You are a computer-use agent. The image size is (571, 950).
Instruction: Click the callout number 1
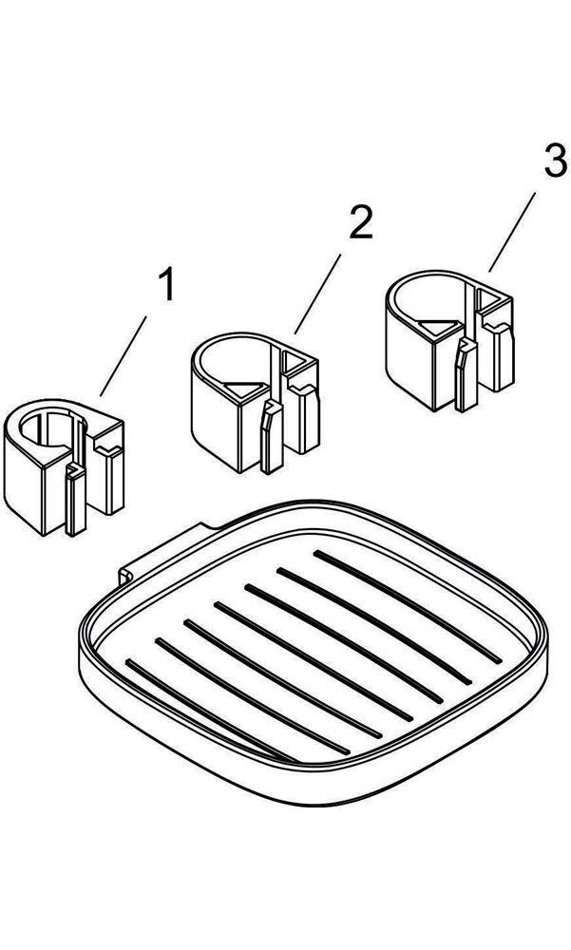point(166,286)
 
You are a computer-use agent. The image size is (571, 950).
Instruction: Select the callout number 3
point(555,162)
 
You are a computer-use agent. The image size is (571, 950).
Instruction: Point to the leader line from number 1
point(124,355)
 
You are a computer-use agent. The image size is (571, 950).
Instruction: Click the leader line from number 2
point(317,294)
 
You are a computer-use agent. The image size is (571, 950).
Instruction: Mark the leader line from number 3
point(512,232)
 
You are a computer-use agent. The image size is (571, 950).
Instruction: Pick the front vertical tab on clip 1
point(75,500)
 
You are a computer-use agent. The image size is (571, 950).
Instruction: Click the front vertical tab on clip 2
point(271,436)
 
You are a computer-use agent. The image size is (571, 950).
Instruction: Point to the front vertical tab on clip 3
point(466,374)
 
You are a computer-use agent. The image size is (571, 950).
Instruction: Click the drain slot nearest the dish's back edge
point(408,606)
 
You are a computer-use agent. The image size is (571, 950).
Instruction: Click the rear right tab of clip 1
point(114,479)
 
